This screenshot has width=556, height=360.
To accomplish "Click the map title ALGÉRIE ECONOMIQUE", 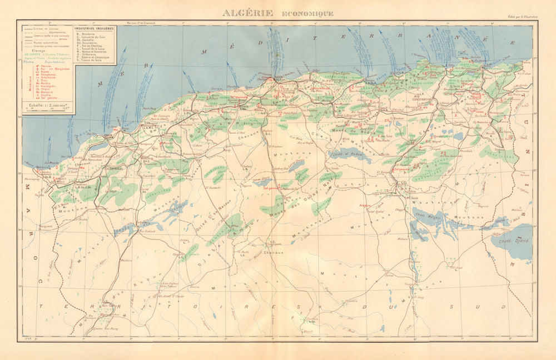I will click(277, 13).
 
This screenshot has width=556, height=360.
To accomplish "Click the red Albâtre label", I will click(366, 205).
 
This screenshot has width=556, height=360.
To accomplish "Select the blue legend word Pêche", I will click(27, 61).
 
